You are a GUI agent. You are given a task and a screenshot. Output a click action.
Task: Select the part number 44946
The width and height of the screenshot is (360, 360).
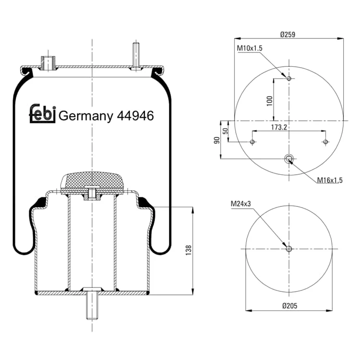click(x=135, y=116)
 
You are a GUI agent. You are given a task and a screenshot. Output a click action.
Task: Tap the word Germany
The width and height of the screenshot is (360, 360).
click(x=86, y=117)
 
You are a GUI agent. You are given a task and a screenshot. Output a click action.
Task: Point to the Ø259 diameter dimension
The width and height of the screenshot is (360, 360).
click(x=288, y=35)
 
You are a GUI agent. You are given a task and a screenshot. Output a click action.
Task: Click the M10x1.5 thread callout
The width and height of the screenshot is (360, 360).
click(x=250, y=48)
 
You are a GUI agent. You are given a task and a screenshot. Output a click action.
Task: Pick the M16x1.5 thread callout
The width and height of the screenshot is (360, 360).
click(x=329, y=180)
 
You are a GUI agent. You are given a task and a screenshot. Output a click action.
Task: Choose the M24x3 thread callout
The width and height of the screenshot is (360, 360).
click(x=240, y=204)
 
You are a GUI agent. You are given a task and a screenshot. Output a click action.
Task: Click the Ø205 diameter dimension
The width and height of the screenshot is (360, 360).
click(x=289, y=306)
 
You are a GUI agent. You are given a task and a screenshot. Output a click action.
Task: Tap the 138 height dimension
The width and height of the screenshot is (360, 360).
click(x=189, y=250)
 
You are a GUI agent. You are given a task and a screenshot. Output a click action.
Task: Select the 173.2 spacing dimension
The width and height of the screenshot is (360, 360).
click(x=279, y=127)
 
